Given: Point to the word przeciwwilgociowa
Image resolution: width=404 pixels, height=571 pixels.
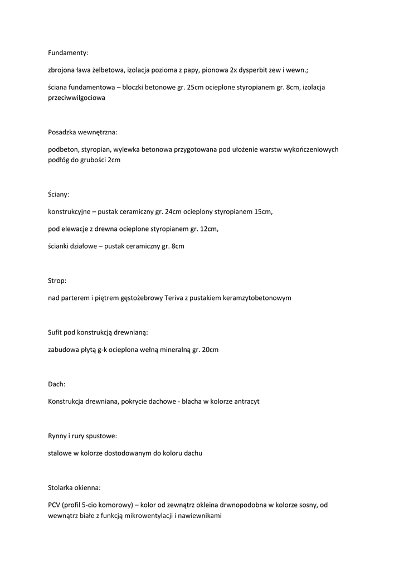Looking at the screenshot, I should point(76,97).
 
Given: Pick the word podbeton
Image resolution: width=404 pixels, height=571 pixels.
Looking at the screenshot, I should point(63,149).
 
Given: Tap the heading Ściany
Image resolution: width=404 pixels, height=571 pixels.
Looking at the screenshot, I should point(59,194).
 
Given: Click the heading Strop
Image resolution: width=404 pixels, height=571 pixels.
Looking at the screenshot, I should point(57,280).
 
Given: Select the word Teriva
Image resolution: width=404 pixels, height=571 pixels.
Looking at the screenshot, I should point(176,298).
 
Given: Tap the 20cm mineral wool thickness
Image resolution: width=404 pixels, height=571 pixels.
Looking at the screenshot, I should point(211,350).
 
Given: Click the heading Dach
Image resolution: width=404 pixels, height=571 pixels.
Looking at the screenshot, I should point(56,384).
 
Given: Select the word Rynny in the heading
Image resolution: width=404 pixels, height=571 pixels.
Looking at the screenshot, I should point(58,436).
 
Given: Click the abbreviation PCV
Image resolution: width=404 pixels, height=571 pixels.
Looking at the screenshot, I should point(55,505).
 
